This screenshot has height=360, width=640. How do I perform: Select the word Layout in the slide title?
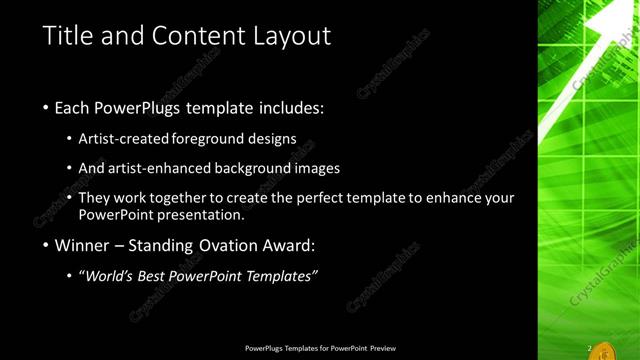pyautogui.click(x=290, y=36)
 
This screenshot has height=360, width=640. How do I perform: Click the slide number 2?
pyautogui.click(x=589, y=348)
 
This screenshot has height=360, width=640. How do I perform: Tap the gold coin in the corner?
pyautogui.click(x=603, y=352)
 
